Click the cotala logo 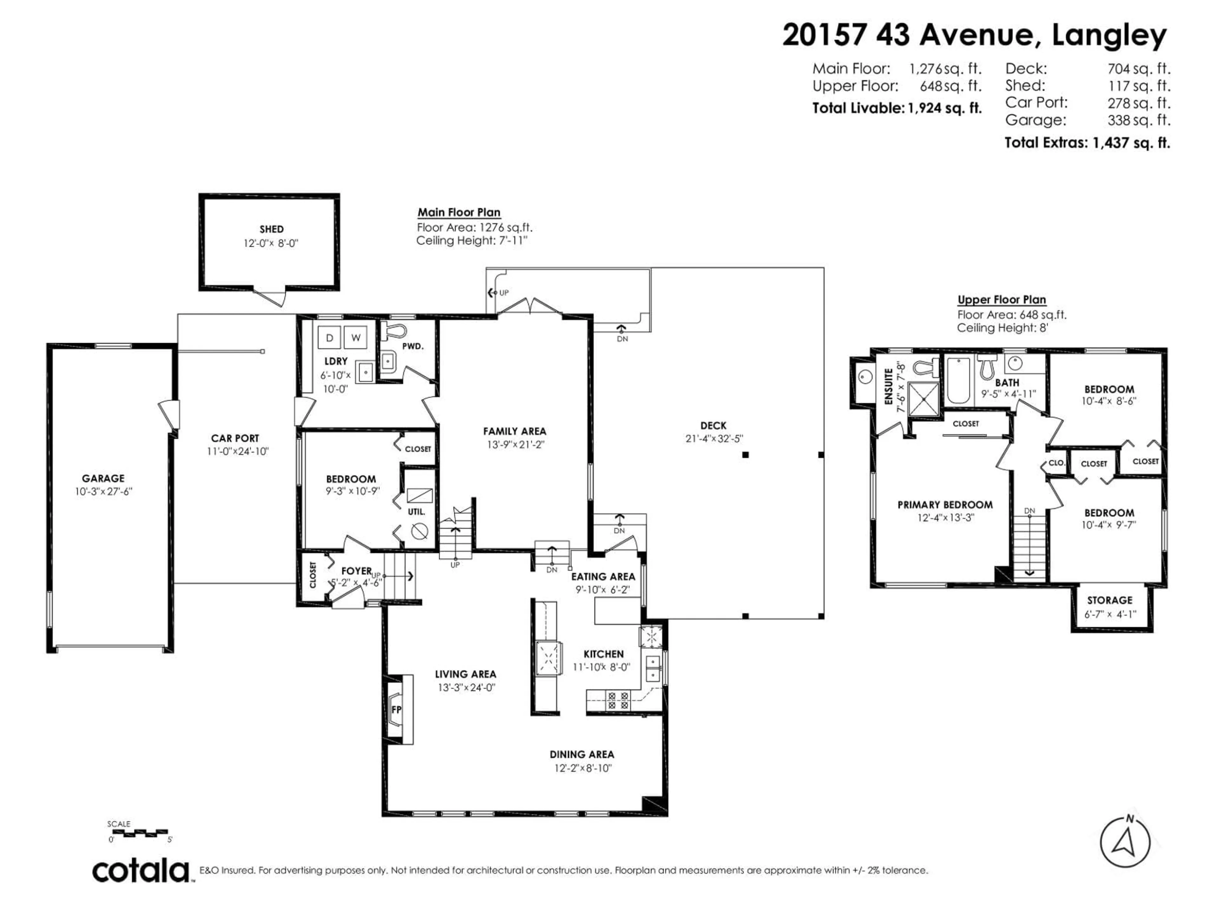pos(141,871)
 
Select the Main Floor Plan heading pos(458,212)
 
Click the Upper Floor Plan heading pos(1001,300)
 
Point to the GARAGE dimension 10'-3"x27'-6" pos(103,491)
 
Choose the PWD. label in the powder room pos(413,346)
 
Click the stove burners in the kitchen pos(618,700)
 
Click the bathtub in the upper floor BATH pos(959,380)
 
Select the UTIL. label pos(416,511)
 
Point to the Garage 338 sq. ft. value pos(1139,120)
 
